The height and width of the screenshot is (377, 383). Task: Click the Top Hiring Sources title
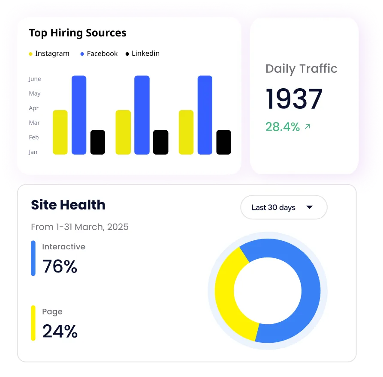click(x=78, y=33)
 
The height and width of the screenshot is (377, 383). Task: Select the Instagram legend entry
click(x=49, y=54)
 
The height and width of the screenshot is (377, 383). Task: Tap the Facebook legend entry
click(x=99, y=54)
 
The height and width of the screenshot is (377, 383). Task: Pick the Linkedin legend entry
click(x=142, y=54)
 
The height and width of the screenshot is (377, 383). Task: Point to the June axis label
click(x=35, y=79)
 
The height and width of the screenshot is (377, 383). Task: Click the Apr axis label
click(x=34, y=108)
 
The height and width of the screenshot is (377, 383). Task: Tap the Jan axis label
click(x=33, y=152)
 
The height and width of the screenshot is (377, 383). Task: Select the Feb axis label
click(x=34, y=138)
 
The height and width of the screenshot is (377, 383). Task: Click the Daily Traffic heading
click(x=302, y=69)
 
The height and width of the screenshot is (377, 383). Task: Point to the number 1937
click(x=294, y=99)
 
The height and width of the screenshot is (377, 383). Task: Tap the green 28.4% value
click(x=283, y=127)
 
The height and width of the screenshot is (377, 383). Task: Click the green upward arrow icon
click(x=308, y=126)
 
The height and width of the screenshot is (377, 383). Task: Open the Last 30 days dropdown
click(x=284, y=207)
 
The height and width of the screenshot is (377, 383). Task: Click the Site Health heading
click(x=68, y=205)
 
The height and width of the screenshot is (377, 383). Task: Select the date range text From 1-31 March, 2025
click(x=80, y=227)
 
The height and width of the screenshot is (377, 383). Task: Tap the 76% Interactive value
click(x=60, y=266)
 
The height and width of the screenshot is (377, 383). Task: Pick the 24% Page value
click(x=60, y=331)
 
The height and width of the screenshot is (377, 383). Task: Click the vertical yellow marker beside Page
click(x=33, y=323)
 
